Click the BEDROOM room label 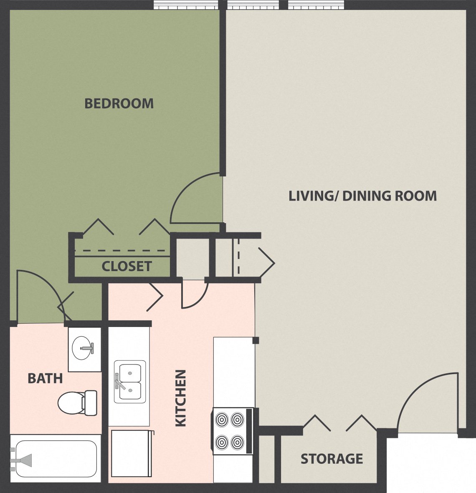pos(119,103)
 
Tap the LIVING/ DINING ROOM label pos(362,196)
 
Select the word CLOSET pos(127,266)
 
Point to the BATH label pos(45,379)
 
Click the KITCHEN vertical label pos(180,398)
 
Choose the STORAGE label pos(332,459)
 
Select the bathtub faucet pos(23,460)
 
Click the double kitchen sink pos(130,382)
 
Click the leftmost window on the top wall pos(186,5)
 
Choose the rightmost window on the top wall pos(316,5)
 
